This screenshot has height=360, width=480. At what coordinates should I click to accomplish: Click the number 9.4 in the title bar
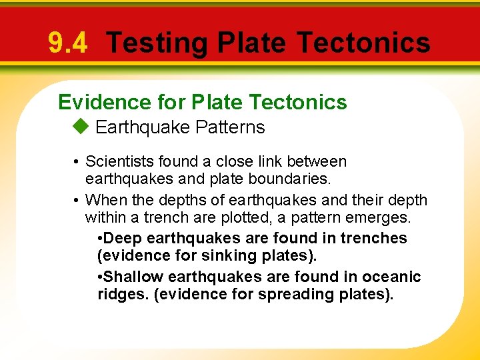point(67,43)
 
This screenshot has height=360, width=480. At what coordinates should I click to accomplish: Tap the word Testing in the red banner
point(157,43)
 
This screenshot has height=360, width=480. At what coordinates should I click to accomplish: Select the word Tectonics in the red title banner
point(363,43)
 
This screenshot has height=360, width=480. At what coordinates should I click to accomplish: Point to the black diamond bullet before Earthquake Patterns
point(80,127)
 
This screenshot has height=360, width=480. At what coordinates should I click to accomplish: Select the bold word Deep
point(121,238)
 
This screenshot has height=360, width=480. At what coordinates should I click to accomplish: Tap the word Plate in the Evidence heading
point(218,102)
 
